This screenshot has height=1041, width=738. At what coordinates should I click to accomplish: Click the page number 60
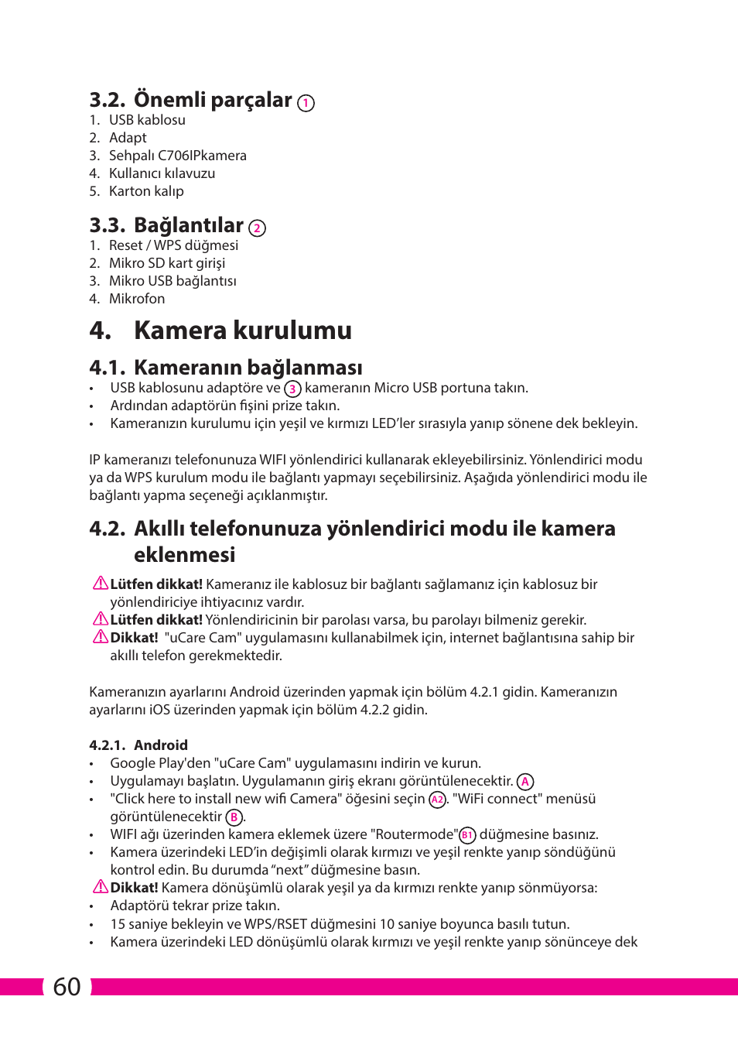pyautogui.click(x=67, y=986)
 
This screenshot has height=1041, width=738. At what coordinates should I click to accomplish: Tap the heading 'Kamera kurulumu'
pyautogui.click(x=242, y=330)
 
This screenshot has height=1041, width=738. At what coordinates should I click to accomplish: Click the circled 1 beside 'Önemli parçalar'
pyautogui.click(x=306, y=103)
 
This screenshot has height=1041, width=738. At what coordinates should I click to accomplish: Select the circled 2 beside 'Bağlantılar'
pyautogui.click(x=257, y=228)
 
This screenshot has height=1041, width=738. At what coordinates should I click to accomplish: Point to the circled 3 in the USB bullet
pyautogui.click(x=292, y=389)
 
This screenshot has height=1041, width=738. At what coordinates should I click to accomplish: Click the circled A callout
pyautogui.click(x=525, y=782)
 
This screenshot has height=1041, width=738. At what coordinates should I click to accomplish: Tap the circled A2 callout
pyautogui.click(x=438, y=800)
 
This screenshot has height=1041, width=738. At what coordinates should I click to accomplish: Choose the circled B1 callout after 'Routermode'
pyautogui.click(x=467, y=835)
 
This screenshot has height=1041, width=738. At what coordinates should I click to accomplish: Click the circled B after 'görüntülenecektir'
pyautogui.click(x=234, y=817)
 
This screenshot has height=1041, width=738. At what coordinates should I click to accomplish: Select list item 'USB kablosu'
pyautogui.click(x=147, y=120)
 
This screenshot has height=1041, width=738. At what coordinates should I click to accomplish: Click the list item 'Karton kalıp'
pyautogui.click(x=146, y=191)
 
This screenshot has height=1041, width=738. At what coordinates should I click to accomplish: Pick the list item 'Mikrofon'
pyautogui.click(x=137, y=299)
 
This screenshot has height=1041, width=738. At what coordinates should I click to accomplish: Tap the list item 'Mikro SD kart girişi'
pyautogui.click(x=167, y=263)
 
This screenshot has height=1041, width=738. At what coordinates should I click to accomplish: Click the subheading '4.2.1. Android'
pyautogui.click(x=138, y=745)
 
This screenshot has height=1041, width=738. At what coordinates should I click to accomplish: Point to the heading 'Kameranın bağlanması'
pyautogui.click(x=248, y=367)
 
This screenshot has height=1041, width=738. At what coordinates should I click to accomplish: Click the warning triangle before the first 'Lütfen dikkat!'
pyautogui.click(x=101, y=584)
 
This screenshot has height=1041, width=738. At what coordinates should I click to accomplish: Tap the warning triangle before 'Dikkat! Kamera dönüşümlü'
pyautogui.click(x=101, y=887)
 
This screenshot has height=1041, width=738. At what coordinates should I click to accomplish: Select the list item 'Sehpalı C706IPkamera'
pyautogui.click(x=178, y=156)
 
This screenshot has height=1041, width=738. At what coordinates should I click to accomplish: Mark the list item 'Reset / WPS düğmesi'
pyautogui.click(x=173, y=245)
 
